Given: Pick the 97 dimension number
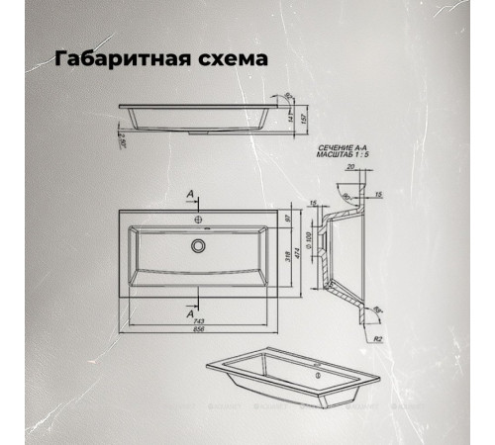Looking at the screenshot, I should (x=287, y=218).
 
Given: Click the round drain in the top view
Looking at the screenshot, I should (x=199, y=244).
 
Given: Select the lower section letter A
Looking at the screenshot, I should (x=188, y=311).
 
